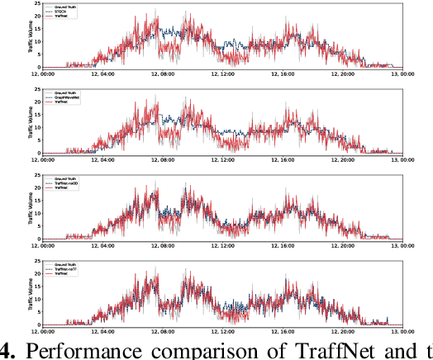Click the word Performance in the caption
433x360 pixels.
pyautogui.click(x=82, y=350)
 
